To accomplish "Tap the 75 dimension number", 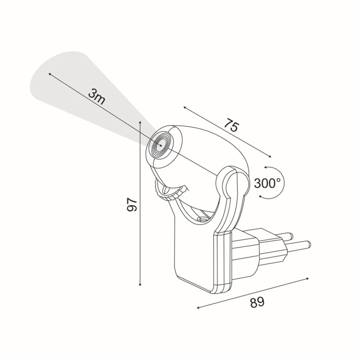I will coord(231,126).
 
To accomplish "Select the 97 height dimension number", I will coord(132,204).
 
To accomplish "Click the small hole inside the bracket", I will coord(201,219).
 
